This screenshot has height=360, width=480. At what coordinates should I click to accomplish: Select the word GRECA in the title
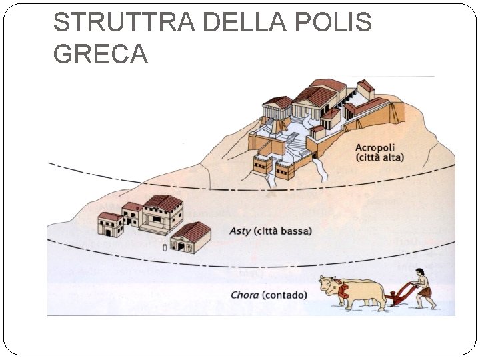(x=100, y=54)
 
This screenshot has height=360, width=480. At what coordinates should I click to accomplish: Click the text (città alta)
(x=379, y=158)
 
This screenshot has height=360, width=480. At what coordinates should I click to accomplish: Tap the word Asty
(x=240, y=231)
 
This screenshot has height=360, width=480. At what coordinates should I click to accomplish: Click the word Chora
(x=245, y=295)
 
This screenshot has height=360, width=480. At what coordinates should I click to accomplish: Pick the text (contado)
(x=286, y=295)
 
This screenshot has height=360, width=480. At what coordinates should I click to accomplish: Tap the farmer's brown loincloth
(x=425, y=292)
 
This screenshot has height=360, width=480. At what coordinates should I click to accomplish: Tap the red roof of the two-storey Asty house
(x=164, y=202)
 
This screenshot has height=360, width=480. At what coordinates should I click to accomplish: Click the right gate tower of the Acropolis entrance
(x=285, y=169)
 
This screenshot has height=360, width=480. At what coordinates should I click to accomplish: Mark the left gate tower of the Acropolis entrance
(x=263, y=163)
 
